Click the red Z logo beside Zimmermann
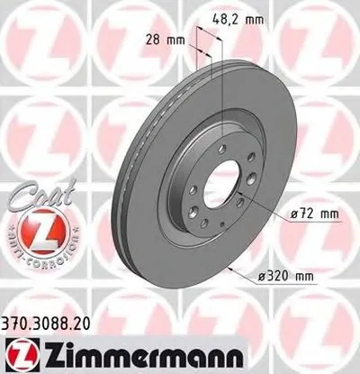click(x=17, y=351)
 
